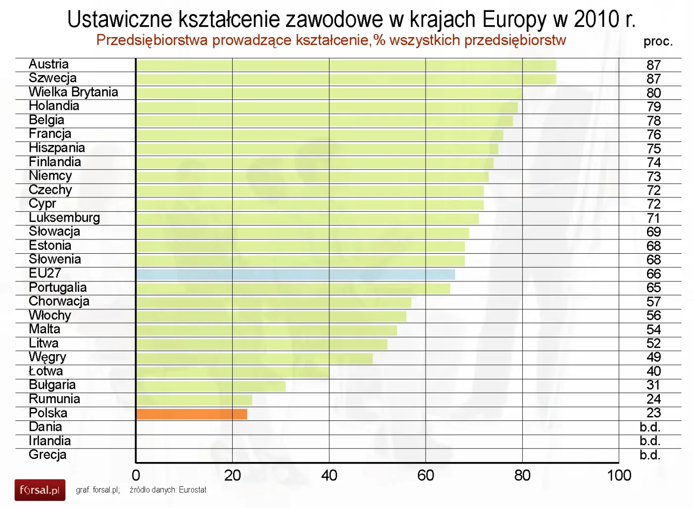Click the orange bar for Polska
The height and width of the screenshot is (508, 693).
pyautogui.click(x=192, y=414)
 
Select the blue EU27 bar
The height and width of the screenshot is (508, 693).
pyautogui.click(x=295, y=275)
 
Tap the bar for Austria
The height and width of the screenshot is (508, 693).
pyautogui.click(x=346, y=65)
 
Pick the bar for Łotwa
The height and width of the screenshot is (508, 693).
pyautogui.click(x=232, y=372)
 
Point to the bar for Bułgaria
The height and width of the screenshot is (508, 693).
pyautogui.click(x=211, y=386)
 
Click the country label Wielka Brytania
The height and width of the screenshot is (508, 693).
pyautogui.click(x=73, y=92)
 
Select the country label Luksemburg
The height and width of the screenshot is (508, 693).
pyautogui.click(x=64, y=218)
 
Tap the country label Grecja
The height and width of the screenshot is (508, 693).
pyautogui.click(x=48, y=455)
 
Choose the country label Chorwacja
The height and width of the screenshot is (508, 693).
pyautogui.click(x=59, y=301)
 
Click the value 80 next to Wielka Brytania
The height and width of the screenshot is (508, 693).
pyautogui.click(x=653, y=93)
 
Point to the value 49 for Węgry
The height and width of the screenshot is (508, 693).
pyautogui.click(x=653, y=357)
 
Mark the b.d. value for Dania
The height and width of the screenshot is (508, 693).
pyautogui.click(x=650, y=427)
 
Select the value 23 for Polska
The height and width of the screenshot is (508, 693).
pyautogui.click(x=653, y=413)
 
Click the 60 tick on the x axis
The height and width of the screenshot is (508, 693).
pyautogui.click(x=426, y=475)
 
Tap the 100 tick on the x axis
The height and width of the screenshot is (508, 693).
pyautogui.click(x=619, y=475)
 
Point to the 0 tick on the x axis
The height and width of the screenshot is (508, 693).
pyautogui.click(x=136, y=475)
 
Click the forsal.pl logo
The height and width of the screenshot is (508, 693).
pyautogui.click(x=40, y=490)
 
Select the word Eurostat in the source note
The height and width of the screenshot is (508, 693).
pyautogui.click(x=193, y=490)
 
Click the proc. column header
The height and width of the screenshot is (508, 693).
pyautogui.click(x=658, y=42)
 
